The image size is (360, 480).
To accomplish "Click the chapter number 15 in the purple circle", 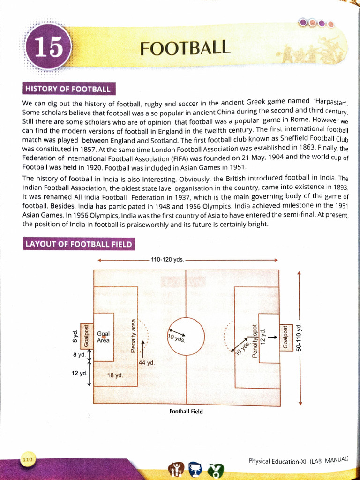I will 48,48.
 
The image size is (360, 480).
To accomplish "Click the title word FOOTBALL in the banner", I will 186,48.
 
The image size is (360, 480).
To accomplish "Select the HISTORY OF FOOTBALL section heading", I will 68,89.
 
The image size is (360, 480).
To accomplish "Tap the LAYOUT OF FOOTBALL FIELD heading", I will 79,244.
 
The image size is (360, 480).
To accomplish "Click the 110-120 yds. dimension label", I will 167,259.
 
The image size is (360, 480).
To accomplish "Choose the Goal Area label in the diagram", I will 103,337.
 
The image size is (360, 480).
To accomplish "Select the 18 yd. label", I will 115,375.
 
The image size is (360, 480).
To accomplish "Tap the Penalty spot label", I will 255,341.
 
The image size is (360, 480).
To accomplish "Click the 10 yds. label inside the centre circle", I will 176,337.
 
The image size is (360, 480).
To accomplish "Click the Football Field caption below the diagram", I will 186,411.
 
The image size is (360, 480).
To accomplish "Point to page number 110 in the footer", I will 28,460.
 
